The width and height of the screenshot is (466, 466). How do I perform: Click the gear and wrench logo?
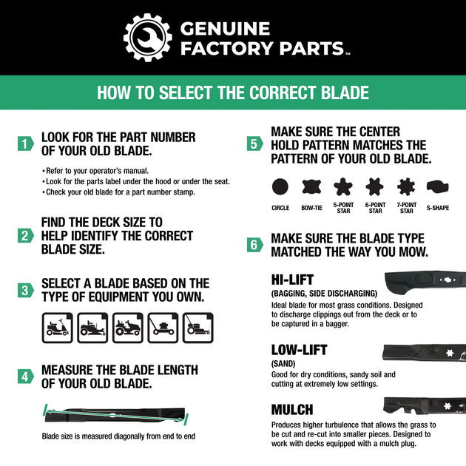pyautogui.click(x=147, y=37)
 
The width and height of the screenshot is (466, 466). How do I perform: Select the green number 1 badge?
pyautogui.click(x=26, y=144)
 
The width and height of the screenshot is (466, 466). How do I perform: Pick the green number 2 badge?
pyautogui.click(x=26, y=236)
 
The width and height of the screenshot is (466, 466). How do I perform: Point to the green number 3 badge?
pyautogui.click(x=26, y=290)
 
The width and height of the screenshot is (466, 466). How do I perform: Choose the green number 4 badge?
pyautogui.click(x=26, y=376)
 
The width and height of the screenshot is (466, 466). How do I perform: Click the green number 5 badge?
pyautogui.click(x=254, y=144)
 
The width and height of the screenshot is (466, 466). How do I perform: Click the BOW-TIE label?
pyautogui.click(x=311, y=208)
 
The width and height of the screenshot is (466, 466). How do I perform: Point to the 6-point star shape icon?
pyautogui.click(x=375, y=186)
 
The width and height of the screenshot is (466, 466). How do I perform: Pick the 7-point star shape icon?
pyautogui.click(x=406, y=186)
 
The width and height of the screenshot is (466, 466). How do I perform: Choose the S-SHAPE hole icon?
pyautogui.click(x=437, y=186)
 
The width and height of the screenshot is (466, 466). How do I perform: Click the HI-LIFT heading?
pyautogui.click(x=293, y=280)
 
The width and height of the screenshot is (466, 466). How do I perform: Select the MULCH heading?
pyautogui.click(x=291, y=409)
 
